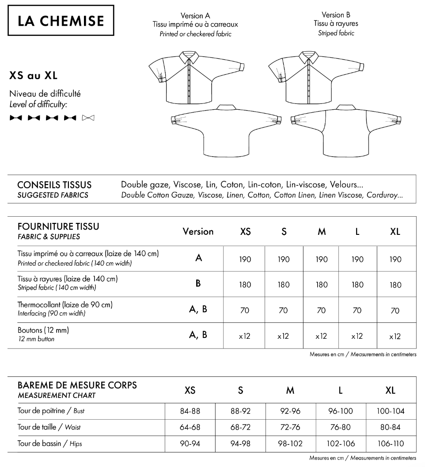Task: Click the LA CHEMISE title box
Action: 61,20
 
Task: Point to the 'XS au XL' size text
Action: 33,76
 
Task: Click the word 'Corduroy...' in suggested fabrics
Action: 384,195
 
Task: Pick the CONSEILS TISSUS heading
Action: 54,184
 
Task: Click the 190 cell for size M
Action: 322,260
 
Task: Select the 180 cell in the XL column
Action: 395,285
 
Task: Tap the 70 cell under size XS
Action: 245,310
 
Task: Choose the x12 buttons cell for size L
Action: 357,336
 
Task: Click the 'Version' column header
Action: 198,232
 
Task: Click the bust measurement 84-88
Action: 190,411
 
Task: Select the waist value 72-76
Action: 290,427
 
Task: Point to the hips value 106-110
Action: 390,444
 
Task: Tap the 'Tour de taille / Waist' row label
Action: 49,427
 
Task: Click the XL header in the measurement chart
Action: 390,390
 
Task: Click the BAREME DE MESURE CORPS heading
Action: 77,385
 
